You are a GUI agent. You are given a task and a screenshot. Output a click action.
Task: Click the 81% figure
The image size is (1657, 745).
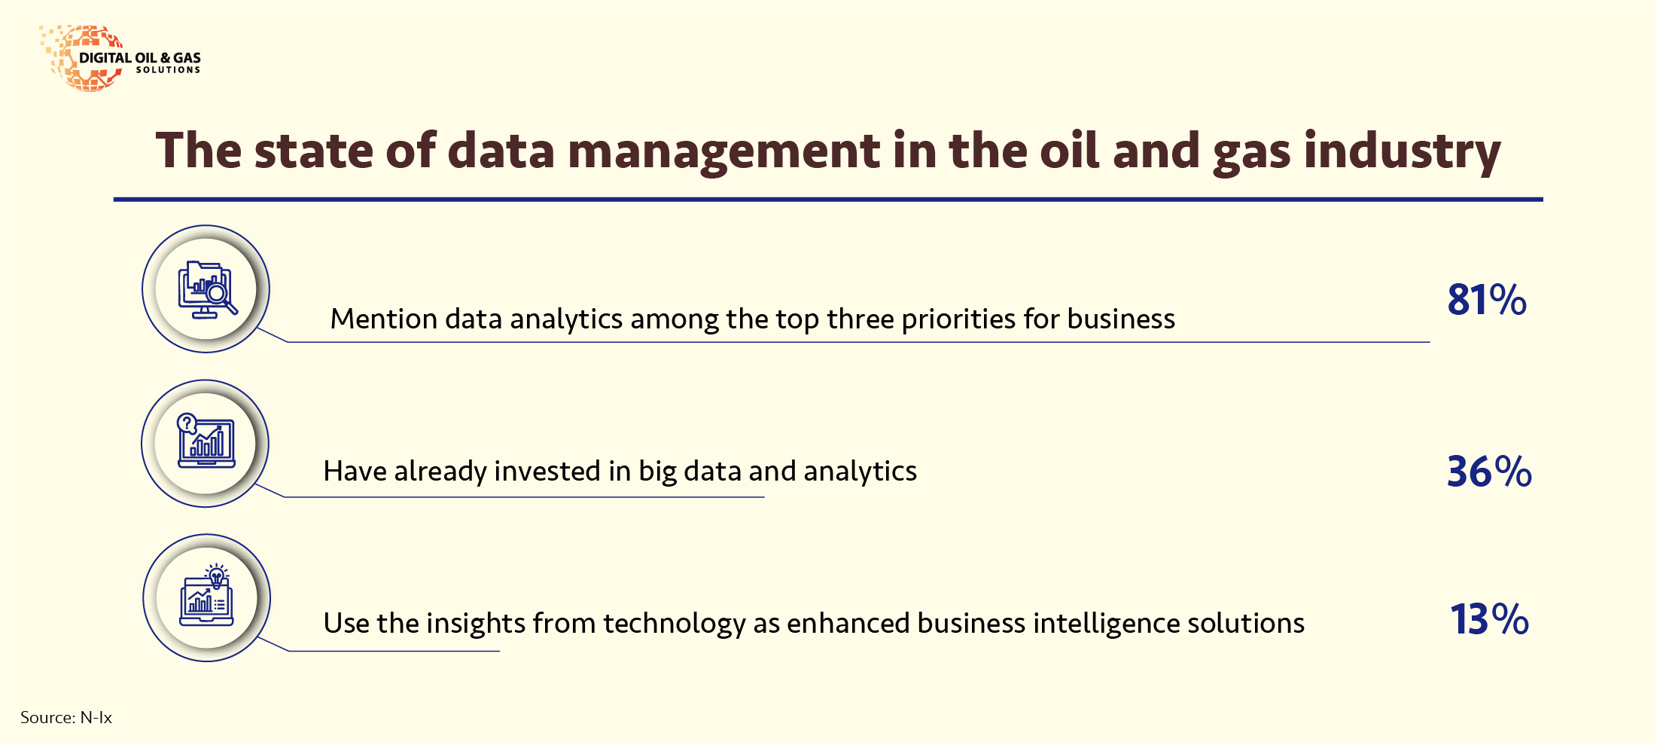[1487, 300]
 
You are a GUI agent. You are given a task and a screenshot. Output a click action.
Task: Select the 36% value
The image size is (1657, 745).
[1489, 472]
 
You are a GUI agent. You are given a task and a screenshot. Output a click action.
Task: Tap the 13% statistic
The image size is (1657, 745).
[1489, 619]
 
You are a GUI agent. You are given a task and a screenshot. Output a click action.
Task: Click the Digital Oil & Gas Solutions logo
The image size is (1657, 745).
[120, 58]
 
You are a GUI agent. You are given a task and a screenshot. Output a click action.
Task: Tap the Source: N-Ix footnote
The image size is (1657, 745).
[66, 717]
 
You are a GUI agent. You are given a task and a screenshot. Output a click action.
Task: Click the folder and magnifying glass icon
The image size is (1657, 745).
[207, 290]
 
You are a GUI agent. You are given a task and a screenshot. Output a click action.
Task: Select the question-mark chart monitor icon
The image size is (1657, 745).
[206, 441]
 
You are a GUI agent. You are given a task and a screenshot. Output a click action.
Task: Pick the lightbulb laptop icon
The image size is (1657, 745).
[207, 595]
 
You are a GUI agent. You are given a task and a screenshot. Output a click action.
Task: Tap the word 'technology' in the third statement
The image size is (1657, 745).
[674, 624]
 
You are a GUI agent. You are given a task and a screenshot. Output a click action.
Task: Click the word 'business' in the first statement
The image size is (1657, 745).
[1121, 319]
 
